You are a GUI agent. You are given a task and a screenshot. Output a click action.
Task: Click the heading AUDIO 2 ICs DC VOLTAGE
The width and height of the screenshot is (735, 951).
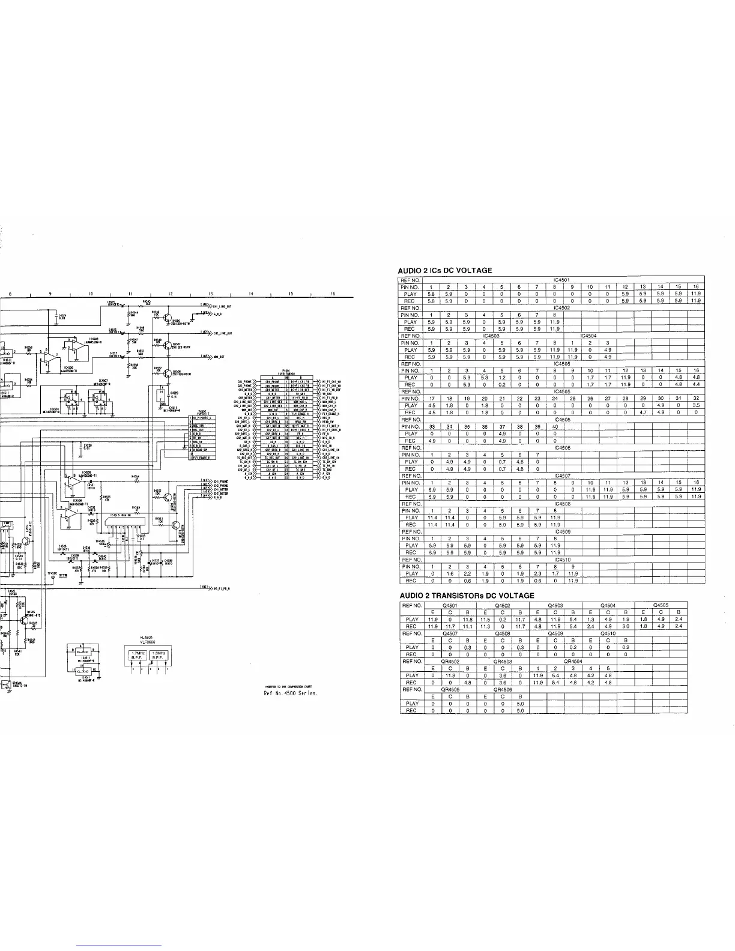tap(446, 271)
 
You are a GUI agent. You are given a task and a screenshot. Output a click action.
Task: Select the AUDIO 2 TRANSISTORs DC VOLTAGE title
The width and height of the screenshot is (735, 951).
tap(467, 596)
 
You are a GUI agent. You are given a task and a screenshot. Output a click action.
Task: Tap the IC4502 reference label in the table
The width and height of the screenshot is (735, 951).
tap(562, 308)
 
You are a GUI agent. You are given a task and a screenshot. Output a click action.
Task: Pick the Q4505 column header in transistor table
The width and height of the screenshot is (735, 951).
tap(660, 605)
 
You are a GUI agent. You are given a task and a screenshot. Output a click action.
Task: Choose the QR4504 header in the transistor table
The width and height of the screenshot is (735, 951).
tap(573, 662)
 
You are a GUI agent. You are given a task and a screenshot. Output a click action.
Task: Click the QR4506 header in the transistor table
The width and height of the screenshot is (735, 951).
tap(501, 690)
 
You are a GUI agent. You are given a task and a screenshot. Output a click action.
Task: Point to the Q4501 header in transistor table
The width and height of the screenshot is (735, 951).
tap(450, 605)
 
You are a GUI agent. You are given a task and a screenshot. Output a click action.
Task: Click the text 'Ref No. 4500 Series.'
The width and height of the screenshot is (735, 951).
tap(291, 693)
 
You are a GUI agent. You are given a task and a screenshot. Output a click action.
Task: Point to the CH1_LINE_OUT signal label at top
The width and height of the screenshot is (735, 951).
tap(222, 306)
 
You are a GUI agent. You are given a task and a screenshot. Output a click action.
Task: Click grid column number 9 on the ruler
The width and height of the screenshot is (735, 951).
tap(50, 294)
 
